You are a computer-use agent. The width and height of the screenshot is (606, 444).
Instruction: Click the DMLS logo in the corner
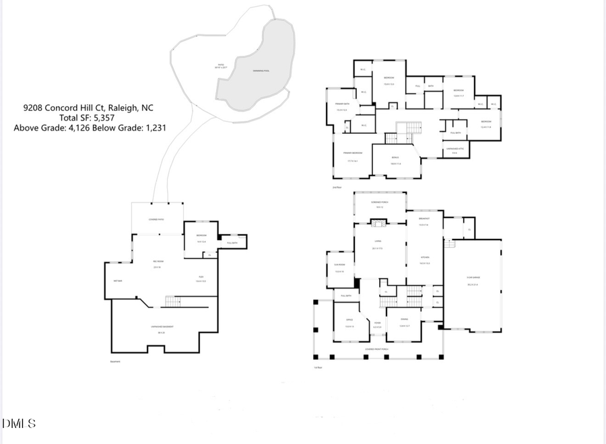point(19,423)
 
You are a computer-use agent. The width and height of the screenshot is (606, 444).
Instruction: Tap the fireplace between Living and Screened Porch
point(379,225)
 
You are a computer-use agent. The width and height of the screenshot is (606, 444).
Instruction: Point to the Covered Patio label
point(156,219)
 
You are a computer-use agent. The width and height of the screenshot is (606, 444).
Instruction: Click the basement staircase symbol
point(173,301)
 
